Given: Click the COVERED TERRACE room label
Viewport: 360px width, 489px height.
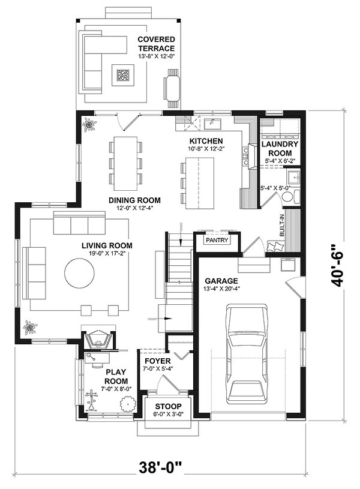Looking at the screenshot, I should pyautogui.click(x=155, y=44).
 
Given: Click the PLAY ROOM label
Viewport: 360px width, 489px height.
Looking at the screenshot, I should pyautogui.click(x=115, y=376).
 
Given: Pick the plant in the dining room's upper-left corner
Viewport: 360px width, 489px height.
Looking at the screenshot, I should pyautogui.click(x=90, y=124).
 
